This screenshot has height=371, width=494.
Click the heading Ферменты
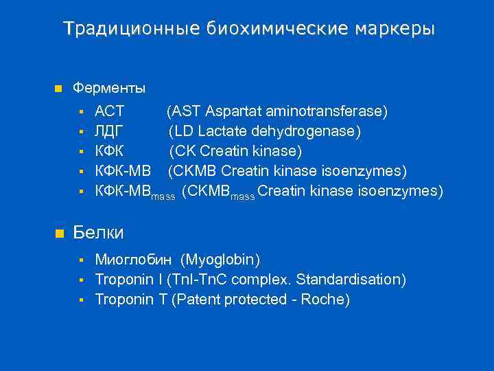[109, 89]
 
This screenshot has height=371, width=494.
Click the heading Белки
[98, 233]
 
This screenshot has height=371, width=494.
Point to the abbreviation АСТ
[109, 111]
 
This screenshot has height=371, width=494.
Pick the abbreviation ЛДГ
[109, 131]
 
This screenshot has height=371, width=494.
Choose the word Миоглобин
[134, 260]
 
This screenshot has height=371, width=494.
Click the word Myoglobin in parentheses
[220, 260]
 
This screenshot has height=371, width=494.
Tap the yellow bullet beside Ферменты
[58, 89]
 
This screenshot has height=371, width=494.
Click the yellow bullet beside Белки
[58, 234]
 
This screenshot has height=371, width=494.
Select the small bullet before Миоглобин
[81, 260]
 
